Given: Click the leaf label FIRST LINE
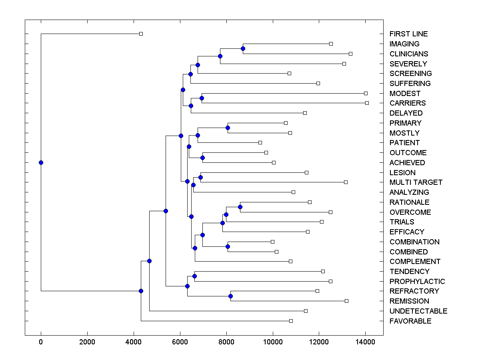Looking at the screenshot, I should click(x=408, y=34).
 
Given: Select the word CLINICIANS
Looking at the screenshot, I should click(x=408, y=54).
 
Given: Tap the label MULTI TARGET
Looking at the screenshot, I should click(x=416, y=182).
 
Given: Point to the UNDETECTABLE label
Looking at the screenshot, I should click(x=418, y=311).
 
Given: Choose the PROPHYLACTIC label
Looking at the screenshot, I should click(x=417, y=282).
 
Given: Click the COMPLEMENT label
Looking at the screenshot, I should click(x=415, y=262).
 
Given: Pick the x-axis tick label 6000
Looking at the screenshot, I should click(x=180, y=342).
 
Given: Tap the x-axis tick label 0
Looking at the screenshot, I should click(x=41, y=342).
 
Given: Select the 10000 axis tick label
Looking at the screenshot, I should click(x=273, y=342).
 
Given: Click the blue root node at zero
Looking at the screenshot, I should click(x=41, y=162).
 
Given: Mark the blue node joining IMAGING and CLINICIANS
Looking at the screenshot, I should click(x=243, y=48).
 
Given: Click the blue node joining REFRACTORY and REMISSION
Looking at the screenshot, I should click(x=230, y=296).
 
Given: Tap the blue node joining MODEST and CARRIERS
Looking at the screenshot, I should click(x=202, y=98).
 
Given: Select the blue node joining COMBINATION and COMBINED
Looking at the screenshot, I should click(x=228, y=246).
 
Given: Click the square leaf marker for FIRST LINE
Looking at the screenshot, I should click(x=141, y=34).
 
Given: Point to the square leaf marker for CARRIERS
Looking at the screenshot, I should click(x=367, y=103).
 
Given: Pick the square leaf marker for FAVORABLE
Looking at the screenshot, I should click(x=291, y=321).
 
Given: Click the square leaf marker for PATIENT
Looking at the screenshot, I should click(x=260, y=142).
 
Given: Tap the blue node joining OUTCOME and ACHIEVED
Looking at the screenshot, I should click(x=202, y=158).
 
